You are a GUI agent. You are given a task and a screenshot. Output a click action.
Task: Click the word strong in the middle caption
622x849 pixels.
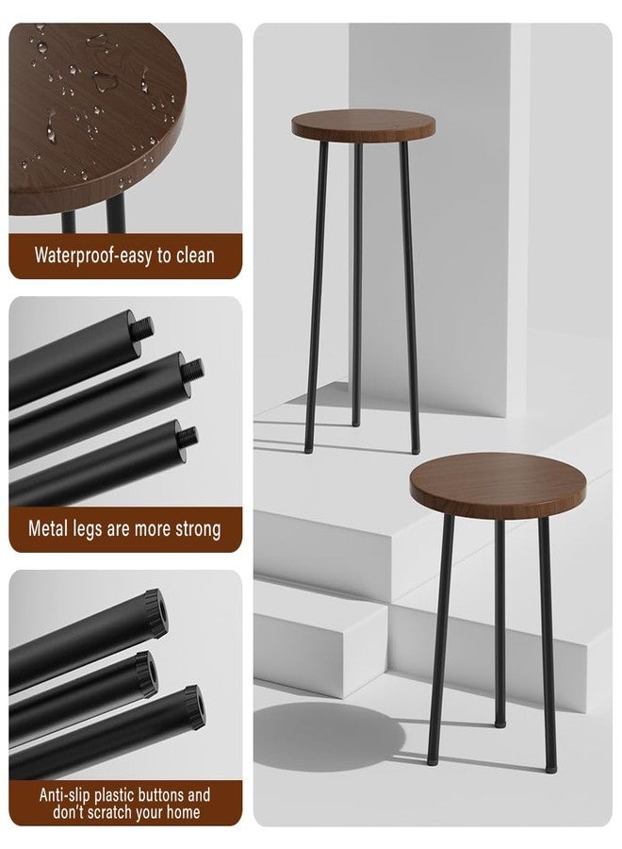199,529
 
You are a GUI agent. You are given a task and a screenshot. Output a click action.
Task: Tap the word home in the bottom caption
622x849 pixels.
183,812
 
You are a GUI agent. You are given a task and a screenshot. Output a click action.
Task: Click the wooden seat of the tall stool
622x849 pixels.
363,125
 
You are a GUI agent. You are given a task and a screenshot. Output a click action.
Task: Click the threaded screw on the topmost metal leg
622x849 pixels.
142,328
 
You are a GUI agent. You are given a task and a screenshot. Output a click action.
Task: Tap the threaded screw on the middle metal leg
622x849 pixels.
192,371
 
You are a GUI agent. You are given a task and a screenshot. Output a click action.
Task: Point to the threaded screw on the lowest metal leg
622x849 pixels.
188,437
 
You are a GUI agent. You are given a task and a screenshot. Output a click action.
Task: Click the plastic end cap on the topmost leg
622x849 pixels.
155,613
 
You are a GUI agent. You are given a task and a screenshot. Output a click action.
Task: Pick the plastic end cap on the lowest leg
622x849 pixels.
193,707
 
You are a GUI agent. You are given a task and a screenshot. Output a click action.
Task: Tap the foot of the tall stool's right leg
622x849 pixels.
416,449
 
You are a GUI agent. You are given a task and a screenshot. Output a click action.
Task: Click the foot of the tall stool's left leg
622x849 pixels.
308,448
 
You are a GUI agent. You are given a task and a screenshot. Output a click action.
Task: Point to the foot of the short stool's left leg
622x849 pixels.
432,760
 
